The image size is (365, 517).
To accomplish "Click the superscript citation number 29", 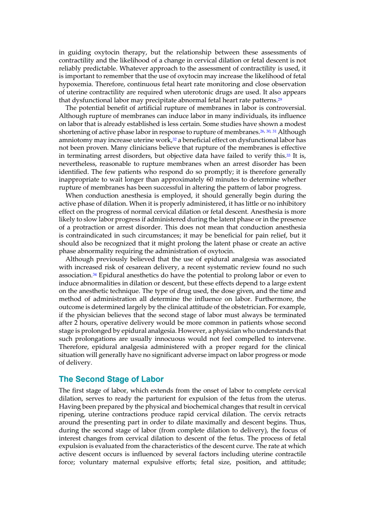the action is [280, 100].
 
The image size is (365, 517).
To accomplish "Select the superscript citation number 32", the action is [175, 139].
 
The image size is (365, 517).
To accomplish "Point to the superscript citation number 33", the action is [288, 155].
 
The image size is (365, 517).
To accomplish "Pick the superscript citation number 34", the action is [95, 275].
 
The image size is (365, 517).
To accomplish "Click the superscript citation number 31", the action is [274, 131].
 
